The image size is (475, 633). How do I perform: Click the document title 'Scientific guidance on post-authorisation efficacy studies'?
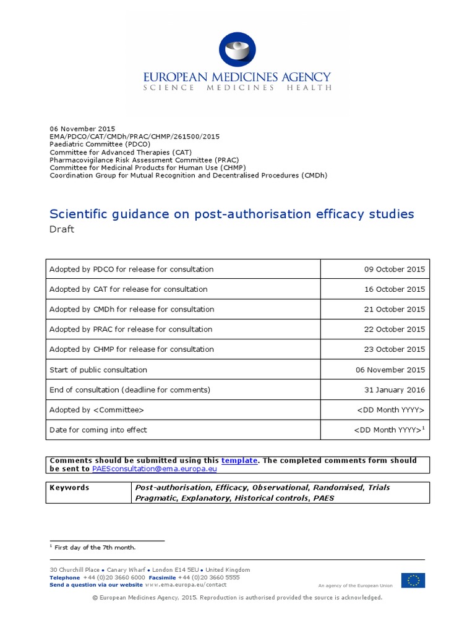231,214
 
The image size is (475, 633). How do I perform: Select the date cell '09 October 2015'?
394,270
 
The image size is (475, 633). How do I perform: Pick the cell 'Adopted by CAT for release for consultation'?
129,289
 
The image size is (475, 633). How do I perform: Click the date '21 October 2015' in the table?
394,309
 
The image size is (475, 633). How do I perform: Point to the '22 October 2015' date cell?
394,329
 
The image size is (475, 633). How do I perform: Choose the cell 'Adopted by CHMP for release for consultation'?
132,349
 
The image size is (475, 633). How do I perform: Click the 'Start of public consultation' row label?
98,370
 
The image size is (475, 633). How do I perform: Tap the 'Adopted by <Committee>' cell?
97,410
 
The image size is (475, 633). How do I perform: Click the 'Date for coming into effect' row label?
98,430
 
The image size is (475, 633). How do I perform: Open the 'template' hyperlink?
239,461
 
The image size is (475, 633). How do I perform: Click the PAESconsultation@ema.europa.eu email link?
154,469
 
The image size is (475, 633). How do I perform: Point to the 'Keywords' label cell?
69,488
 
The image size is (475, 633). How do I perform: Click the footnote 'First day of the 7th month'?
95,548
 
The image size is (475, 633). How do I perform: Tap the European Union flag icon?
413,580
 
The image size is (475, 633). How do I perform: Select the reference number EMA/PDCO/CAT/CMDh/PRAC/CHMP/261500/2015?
134,136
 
